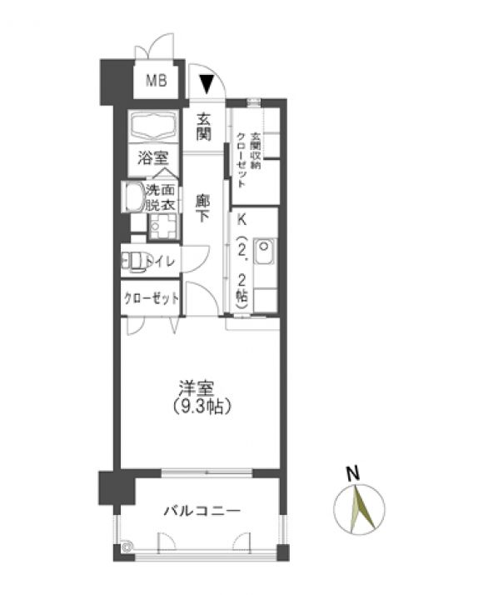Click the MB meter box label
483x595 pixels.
[157, 81]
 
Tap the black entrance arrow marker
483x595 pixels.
[207, 83]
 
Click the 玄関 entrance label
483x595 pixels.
[203, 127]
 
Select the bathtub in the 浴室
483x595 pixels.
[153, 126]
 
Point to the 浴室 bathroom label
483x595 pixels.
[153, 157]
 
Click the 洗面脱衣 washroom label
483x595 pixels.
[161, 197]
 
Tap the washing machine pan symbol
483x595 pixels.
[162, 226]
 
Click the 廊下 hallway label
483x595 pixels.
[202, 208]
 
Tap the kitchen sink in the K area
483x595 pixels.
[265, 252]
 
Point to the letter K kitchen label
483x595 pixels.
[242, 219]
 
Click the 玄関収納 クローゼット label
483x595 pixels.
[249, 160]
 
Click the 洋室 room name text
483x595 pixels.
[197, 388]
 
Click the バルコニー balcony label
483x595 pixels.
[202, 511]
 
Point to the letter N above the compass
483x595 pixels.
[353, 474]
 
